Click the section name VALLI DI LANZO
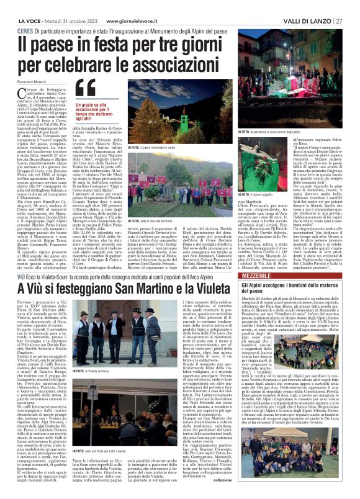click(310, 5)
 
